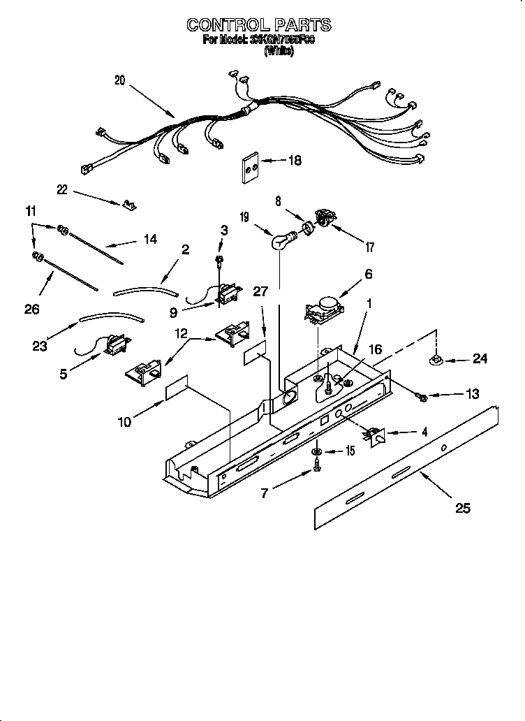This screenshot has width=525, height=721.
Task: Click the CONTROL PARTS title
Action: point(258,25)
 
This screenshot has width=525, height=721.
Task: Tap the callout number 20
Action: point(119,80)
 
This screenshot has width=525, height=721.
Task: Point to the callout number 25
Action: point(462,508)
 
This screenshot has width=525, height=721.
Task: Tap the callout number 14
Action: point(149,239)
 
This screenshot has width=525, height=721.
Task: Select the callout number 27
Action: point(260,292)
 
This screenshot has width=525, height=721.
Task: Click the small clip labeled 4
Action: point(376,436)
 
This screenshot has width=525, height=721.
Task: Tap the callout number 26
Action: point(31,308)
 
